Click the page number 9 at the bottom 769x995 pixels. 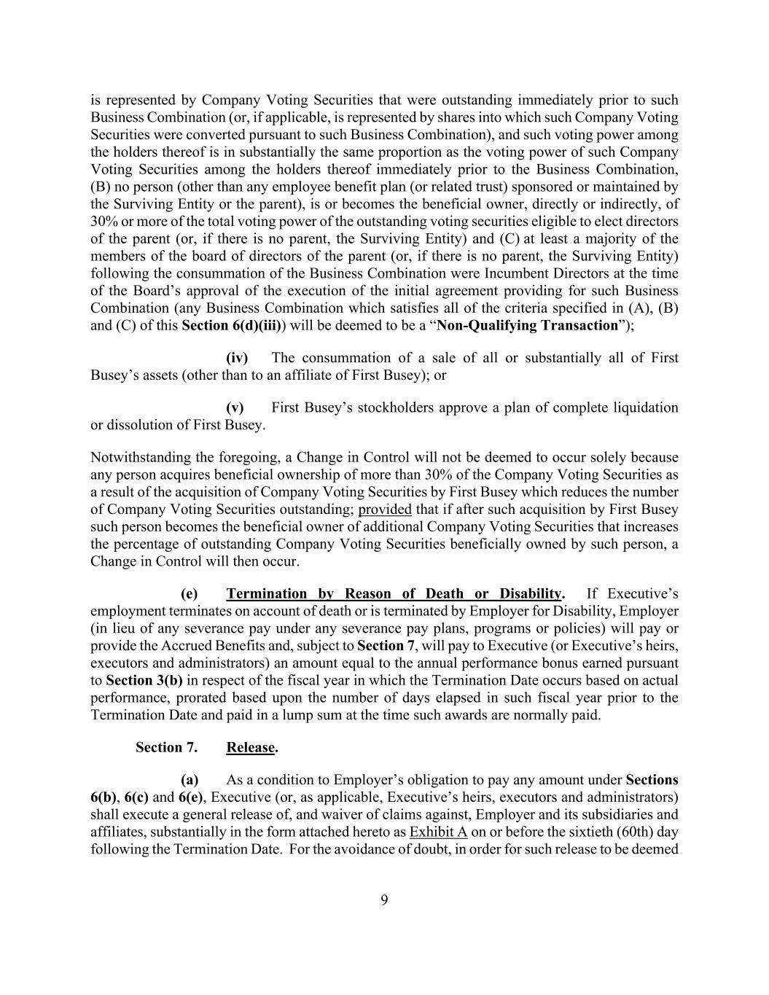(x=384, y=900)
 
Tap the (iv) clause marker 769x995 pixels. (x=237, y=358)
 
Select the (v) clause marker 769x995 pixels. (x=235, y=407)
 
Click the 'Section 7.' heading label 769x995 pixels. (x=166, y=748)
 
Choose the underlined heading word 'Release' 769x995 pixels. (x=251, y=748)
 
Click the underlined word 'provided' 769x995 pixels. (x=385, y=510)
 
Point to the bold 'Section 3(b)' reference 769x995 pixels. (x=144, y=681)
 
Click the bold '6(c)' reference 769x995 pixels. (x=136, y=797)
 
